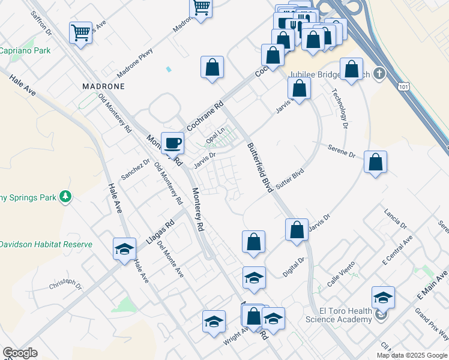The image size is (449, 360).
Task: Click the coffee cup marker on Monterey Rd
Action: pyautogui.click(x=173, y=143)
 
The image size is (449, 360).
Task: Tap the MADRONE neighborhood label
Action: pyautogui.click(x=103, y=86)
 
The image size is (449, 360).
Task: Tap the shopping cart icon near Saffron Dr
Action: pyautogui.click(x=80, y=34)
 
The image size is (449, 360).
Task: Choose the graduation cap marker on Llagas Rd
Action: pyautogui.click(x=124, y=249)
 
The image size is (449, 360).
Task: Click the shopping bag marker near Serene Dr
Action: pyautogui.click(x=375, y=162)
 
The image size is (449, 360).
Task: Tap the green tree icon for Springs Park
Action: pyautogui.click(x=66, y=196)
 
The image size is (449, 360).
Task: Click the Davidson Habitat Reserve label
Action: pyautogui.click(x=46, y=244)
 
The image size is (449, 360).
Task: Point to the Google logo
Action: pyautogui.click(x=20, y=353)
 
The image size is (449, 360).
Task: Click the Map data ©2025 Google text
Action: pyautogui.click(x=412, y=355)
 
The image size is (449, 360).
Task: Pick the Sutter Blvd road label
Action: pyautogui.click(x=291, y=179)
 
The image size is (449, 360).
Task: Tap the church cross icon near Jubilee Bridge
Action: pyautogui.click(x=378, y=74)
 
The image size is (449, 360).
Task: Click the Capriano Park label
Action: pyautogui.click(x=25, y=51)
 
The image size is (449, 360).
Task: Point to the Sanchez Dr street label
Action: pyautogui.click(x=135, y=170)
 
